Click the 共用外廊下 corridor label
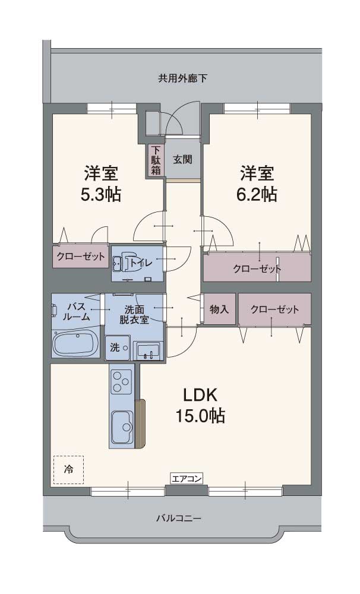182,78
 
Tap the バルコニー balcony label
179,518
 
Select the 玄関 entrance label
182,159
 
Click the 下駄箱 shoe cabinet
155,160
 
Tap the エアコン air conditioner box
187,478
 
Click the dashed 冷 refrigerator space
68,469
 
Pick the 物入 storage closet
219,309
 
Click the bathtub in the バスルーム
76,344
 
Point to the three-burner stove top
122,381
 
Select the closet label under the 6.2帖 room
257,268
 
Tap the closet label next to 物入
274,309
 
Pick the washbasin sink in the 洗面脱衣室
147,351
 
